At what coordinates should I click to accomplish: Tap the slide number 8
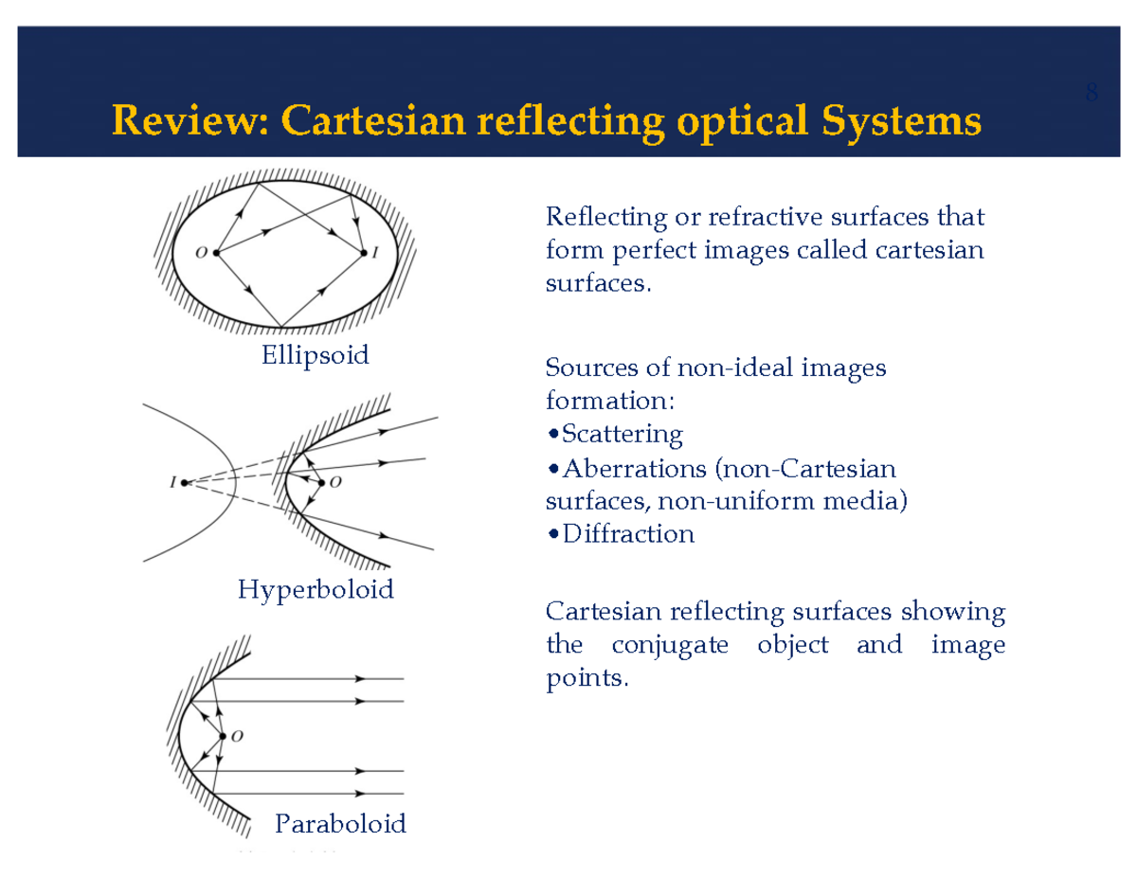click(1092, 93)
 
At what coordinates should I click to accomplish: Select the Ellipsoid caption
click(315, 356)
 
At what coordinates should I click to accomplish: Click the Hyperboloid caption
click(316, 590)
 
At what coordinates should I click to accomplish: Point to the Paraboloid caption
click(340, 824)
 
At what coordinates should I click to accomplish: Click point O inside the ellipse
click(216, 253)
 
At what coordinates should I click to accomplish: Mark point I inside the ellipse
click(363, 253)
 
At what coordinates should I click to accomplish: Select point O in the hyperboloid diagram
click(321, 483)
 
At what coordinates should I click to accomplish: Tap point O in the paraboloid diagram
click(223, 736)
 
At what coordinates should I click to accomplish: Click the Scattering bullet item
click(621, 435)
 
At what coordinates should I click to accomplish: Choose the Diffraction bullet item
click(627, 534)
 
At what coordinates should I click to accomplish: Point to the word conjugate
click(670, 646)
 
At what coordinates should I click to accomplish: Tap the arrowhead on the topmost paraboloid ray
click(360, 679)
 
